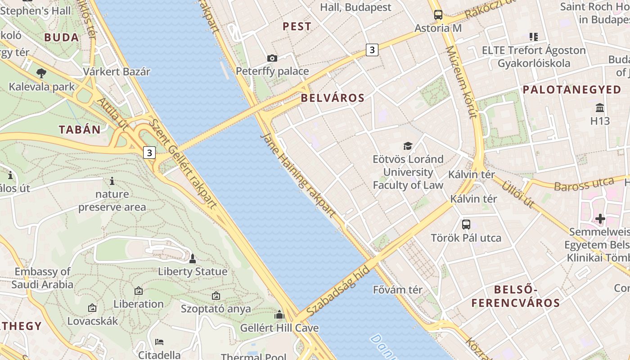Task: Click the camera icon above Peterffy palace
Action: point(272,58)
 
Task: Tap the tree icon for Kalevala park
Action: point(41,73)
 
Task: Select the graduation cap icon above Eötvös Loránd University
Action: point(408,146)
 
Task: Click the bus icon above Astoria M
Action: point(438,15)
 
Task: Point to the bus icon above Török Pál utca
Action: point(466,224)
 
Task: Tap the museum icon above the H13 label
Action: point(600,108)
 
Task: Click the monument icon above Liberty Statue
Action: point(193,259)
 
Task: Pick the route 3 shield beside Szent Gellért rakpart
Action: point(149,153)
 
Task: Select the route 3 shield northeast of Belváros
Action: point(372,50)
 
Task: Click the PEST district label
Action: point(297,27)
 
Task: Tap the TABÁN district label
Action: point(80,130)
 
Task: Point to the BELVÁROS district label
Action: point(333,98)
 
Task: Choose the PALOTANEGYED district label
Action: point(572,90)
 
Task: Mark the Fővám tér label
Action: point(398,290)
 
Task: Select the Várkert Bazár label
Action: point(117,72)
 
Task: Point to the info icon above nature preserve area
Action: point(112,181)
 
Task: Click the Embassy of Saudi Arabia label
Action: point(42,278)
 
